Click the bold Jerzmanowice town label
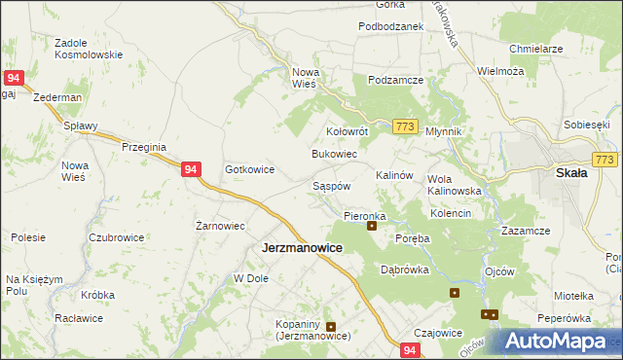coord(302,248)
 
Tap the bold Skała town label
coord(570,172)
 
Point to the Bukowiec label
coord(334,154)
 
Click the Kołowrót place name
coord(347,130)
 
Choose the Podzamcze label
coord(393,81)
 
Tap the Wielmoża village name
coord(500,71)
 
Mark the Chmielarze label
coord(536,48)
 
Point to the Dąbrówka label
coord(405,270)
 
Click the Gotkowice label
coord(249,169)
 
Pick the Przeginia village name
coord(144,146)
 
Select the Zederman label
coord(56,98)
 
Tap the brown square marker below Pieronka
coord(372,227)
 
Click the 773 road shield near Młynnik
coord(406,126)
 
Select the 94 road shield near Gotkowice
coord(192,169)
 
